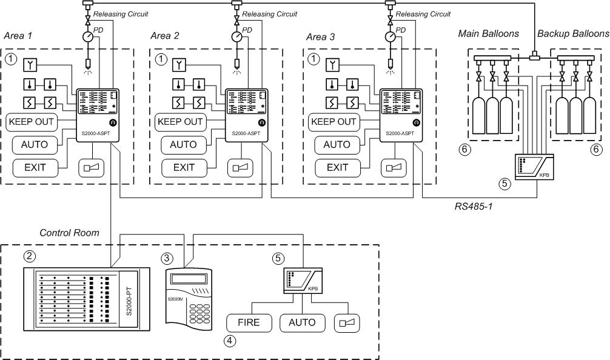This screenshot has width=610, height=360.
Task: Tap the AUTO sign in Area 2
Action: point(183,145)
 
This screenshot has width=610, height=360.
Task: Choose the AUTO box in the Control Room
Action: point(303,322)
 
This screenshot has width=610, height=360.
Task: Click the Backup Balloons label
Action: point(573,34)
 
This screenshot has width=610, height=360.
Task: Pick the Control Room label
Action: point(69,233)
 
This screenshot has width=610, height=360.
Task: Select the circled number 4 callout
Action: point(230,341)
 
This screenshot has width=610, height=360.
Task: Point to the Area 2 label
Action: point(165,36)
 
